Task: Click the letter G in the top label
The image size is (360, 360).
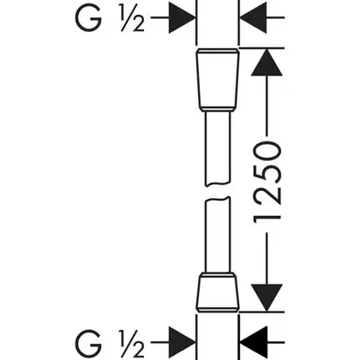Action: [x=88, y=18]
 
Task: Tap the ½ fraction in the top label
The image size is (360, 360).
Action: [x=132, y=18]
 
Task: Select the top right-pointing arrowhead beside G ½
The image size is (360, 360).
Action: [x=182, y=18]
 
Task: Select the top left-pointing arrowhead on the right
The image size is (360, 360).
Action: [x=253, y=18]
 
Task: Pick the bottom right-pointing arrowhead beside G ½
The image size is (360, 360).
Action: [x=182, y=342]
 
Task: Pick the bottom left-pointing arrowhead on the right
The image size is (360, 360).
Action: [x=253, y=342]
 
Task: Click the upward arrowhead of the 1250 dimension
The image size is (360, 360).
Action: [x=267, y=63]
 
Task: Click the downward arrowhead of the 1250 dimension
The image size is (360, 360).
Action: [x=267, y=297]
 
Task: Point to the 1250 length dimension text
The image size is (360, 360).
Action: [x=267, y=183]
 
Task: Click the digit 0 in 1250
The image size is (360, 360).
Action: [x=267, y=152]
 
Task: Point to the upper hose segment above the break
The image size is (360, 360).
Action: [x=218, y=148]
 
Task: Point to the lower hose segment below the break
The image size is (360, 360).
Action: [x=218, y=235]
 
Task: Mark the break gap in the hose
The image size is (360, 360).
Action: [x=218, y=192]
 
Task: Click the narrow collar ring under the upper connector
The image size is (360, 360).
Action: [x=218, y=109]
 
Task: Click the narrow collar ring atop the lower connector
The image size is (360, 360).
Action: [x=218, y=275]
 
